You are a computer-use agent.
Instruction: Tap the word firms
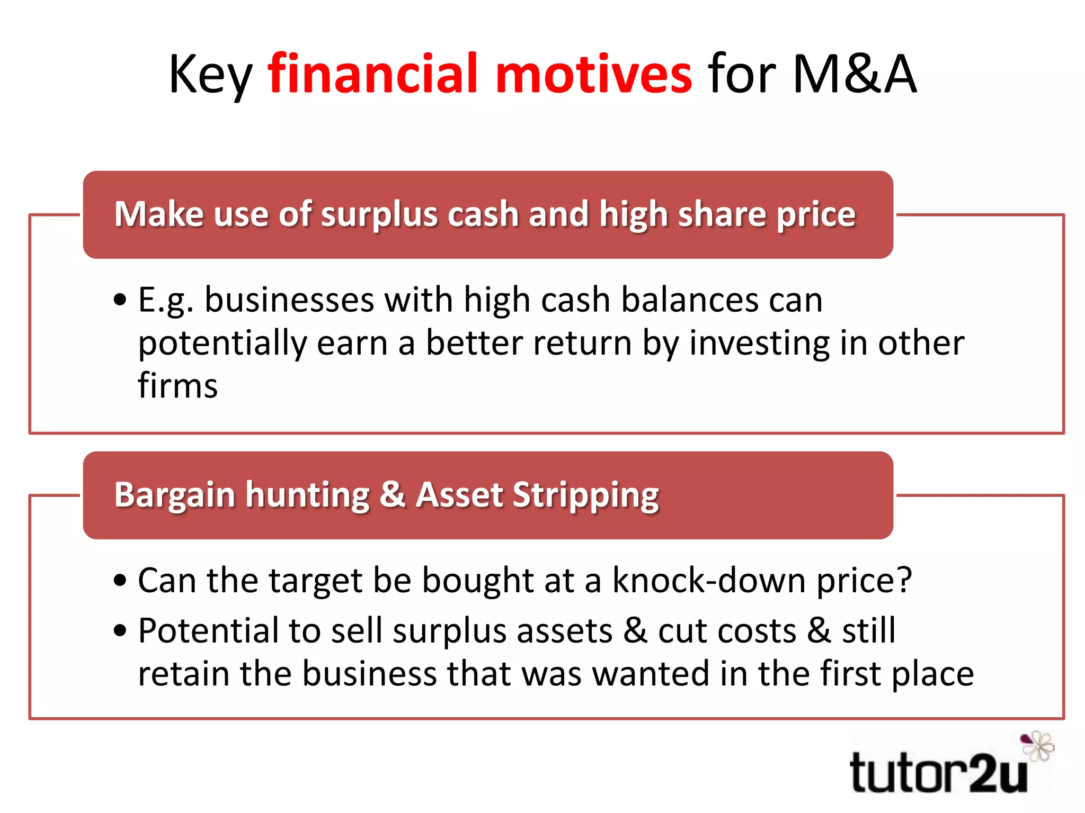pos(177,385)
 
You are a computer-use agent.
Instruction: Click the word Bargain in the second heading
pos(175,495)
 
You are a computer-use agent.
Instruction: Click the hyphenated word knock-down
pos(709,580)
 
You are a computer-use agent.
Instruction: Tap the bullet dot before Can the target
pos(121,581)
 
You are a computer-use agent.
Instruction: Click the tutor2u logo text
pos(938,773)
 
